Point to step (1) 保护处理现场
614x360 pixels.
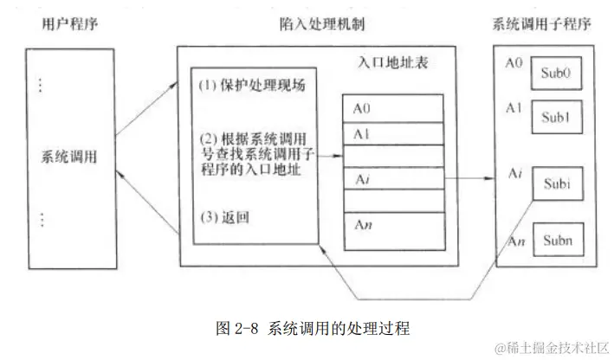tap(252, 87)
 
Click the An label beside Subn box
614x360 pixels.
tap(514, 239)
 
